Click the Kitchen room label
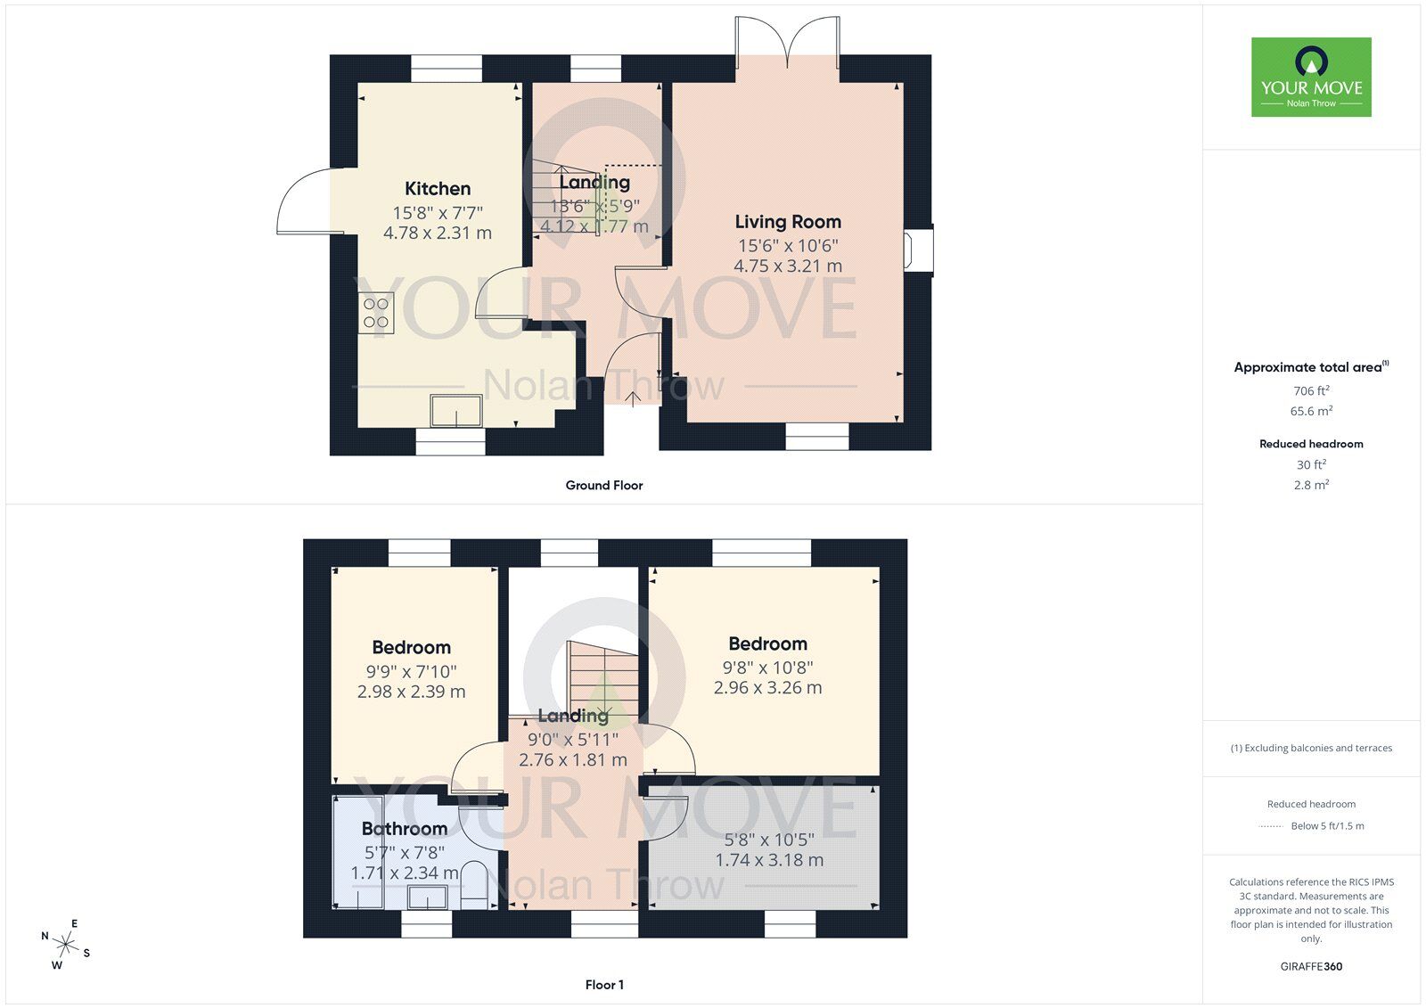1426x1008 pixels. coord(438,189)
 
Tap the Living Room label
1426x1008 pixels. coord(788,222)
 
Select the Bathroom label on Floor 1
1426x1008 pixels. coord(405,829)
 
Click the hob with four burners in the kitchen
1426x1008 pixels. coord(376,313)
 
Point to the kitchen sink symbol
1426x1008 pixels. coord(455,411)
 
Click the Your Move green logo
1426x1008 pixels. coord(1311,77)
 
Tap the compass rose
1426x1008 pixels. coord(66,943)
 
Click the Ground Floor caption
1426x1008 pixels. coord(603,486)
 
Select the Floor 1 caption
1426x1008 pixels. coord(604,985)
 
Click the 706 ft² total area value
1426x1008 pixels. coord(1311,390)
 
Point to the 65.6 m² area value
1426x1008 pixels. coord(1311,411)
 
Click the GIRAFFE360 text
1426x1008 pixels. coord(1311,966)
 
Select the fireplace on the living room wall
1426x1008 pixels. coord(919,250)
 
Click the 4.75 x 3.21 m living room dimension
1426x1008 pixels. coord(788,266)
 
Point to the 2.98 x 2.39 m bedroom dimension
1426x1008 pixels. coord(411,692)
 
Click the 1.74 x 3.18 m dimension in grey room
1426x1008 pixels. coord(769,860)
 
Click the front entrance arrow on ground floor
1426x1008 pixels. coord(632,398)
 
